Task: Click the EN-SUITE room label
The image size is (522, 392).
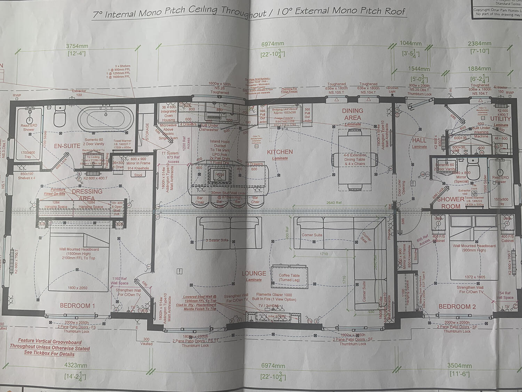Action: pos(67,146)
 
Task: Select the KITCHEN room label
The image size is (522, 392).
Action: pos(280,152)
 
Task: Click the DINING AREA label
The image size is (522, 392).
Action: pos(353,114)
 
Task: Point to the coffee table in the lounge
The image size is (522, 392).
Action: pos(289,277)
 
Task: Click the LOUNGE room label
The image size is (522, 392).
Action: pos(254,274)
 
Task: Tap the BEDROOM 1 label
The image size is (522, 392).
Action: pos(77,306)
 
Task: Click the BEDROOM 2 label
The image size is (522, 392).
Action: pos(457,306)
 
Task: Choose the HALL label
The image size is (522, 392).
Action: pos(419,140)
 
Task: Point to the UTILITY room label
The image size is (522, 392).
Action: pos(500,119)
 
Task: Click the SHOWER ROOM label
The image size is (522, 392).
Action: pos(451,202)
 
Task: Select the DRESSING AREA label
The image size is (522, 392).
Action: pos(87,195)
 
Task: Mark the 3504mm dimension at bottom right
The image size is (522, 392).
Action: pos(459,366)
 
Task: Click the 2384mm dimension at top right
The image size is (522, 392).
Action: pos(479,44)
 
